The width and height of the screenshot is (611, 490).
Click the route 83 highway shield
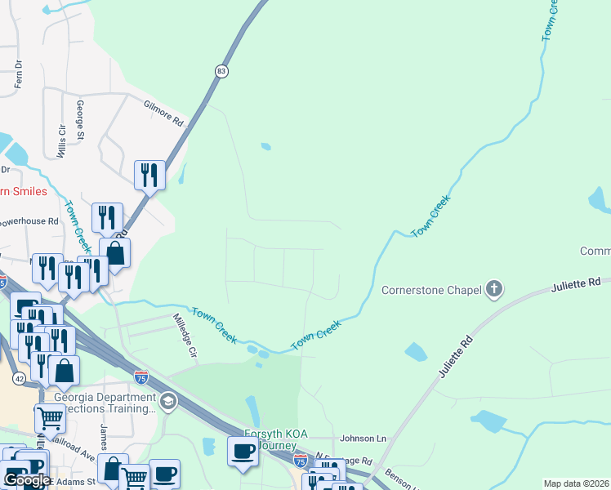coord(221,72)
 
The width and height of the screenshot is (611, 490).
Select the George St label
coord(80,120)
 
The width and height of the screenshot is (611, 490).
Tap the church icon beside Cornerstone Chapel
coord(493,288)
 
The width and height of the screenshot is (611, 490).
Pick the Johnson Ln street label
coord(363,438)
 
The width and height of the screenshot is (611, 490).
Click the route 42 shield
coord(19,378)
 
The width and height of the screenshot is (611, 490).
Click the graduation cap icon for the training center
coord(168,400)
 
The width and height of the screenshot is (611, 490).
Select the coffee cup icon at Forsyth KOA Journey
coord(243,452)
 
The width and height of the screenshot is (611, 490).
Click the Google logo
coord(27,480)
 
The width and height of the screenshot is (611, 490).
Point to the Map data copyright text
coord(576,483)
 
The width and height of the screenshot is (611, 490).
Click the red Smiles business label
coord(24,192)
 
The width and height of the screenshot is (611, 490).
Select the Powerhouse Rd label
coord(29,221)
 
